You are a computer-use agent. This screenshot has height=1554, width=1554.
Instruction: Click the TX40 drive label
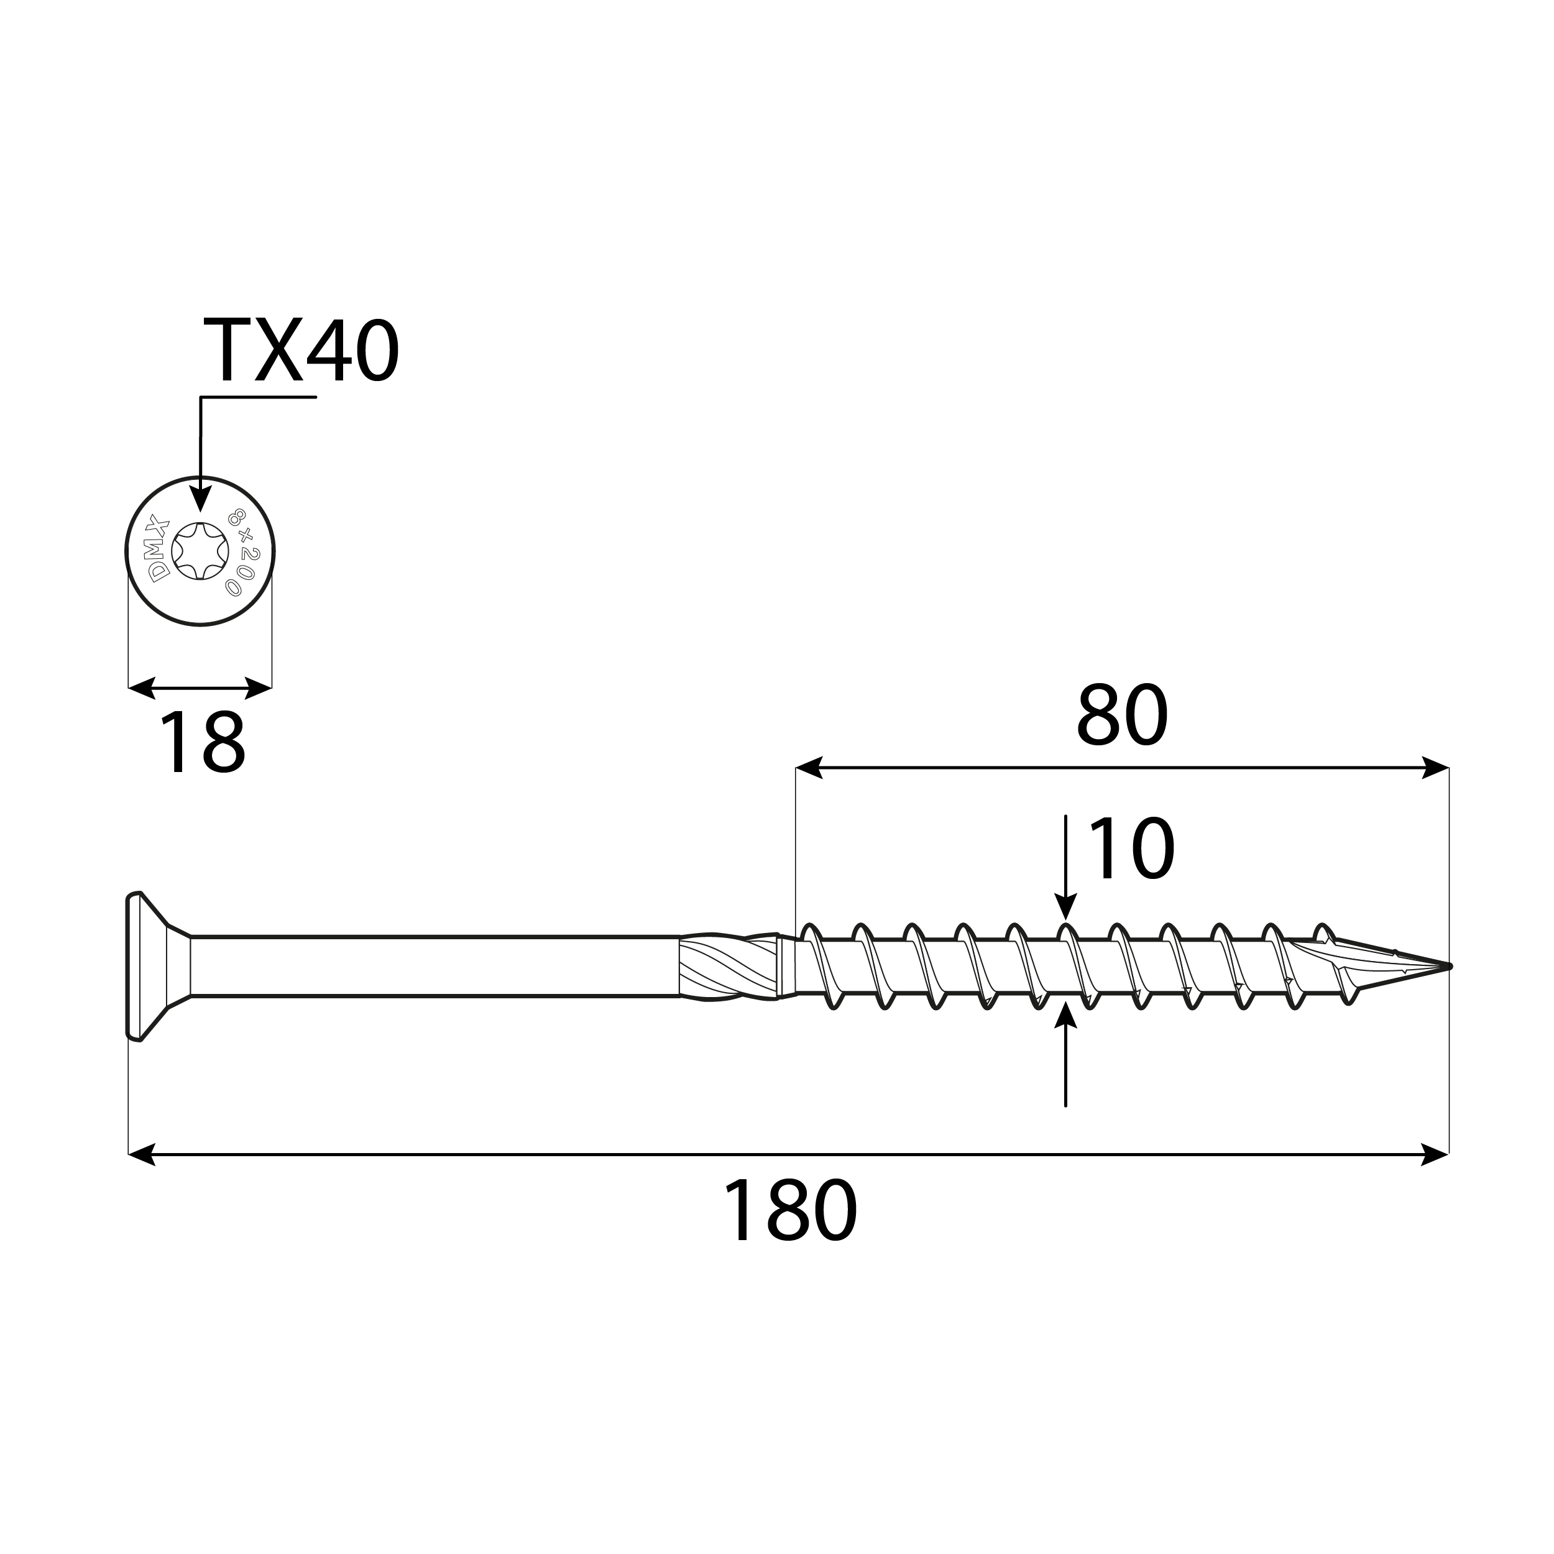(x=301, y=351)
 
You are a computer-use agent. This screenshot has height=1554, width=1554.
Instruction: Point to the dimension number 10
(x=1131, y=849)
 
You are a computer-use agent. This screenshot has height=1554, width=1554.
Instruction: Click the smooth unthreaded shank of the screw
(x=434, y=967)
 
